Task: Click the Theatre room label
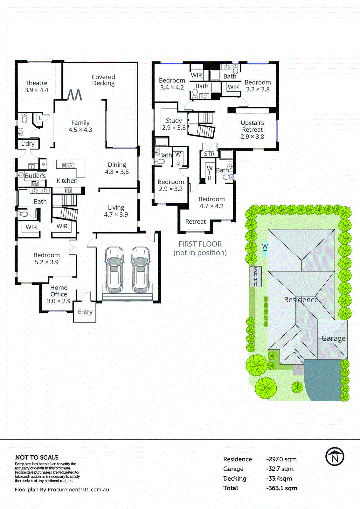[36, 87]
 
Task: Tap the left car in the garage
[114, 270]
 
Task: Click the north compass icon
[335, 457]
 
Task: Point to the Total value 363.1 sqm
[282, 488]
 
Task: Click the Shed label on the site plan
[256, 277]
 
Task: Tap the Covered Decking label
[103, 80]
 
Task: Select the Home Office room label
[59, 294]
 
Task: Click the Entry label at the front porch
[85, 312]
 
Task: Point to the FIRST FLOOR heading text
[200, 244]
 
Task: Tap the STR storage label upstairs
[209, 154]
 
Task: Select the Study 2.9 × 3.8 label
[174, 124]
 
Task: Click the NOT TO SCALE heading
[37, 457]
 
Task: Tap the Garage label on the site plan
[333, 338]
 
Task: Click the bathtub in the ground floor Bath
[23, 198]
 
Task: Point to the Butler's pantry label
[35, 176]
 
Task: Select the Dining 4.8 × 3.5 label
[117, 168]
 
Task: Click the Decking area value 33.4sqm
[279, 478]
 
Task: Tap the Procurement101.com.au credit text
[62, 490]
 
